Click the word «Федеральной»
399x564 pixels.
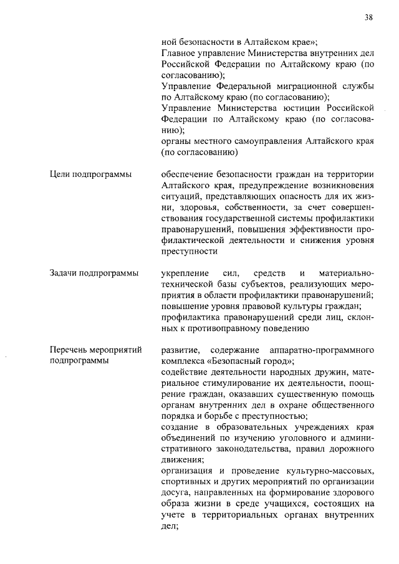(238, 86)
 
